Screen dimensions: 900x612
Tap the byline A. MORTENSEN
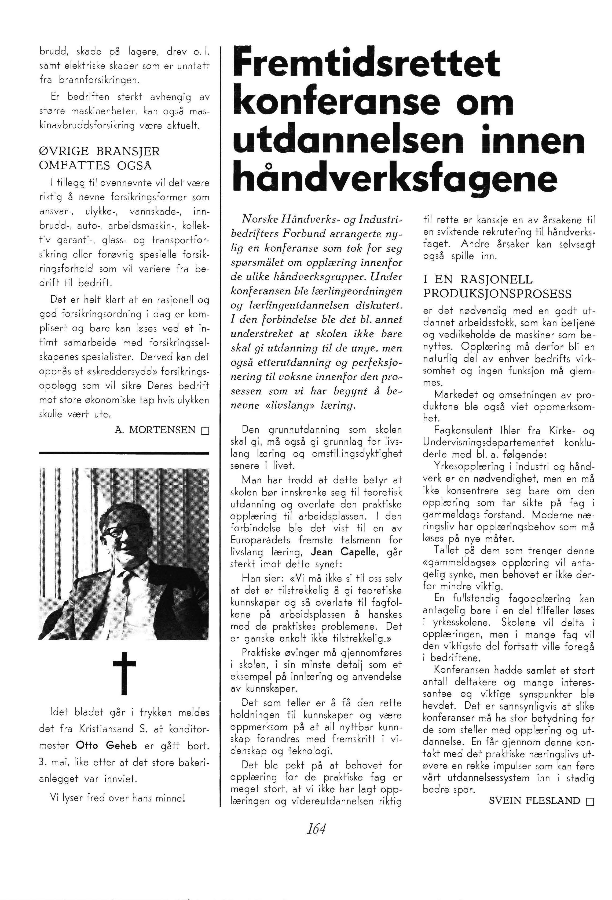point(155,430)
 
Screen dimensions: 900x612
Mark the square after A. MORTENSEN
point(205,431)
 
